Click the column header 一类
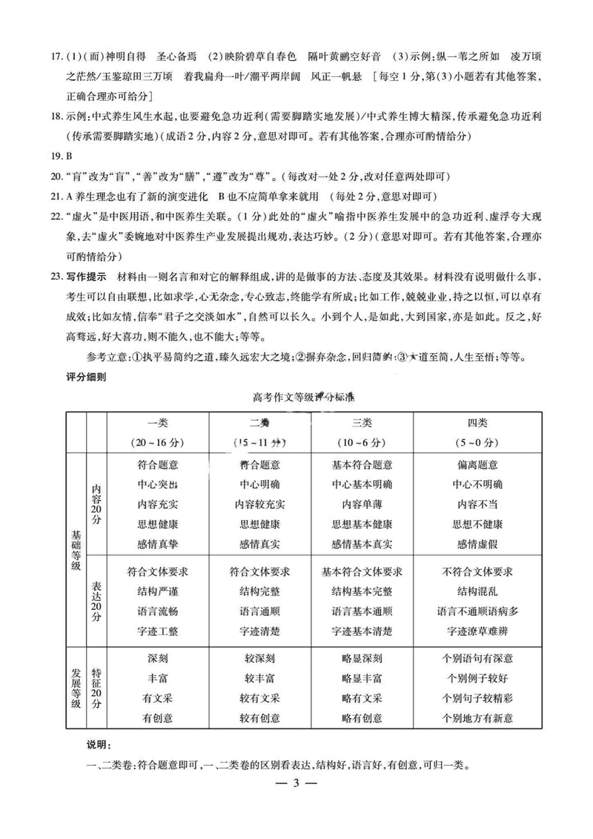click(158, 423)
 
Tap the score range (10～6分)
click(362, 443)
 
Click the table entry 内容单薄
click(362, 504)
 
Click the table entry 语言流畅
click(158, 612)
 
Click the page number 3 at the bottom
click(296, 783)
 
